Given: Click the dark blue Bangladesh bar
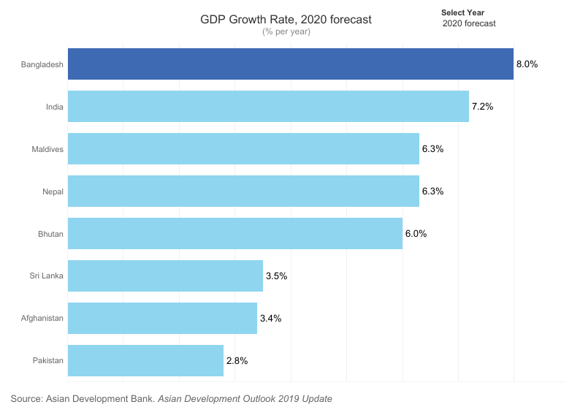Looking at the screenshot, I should point(290,64).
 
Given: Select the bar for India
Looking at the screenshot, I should point(268,107).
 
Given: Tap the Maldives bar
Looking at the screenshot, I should point(243,149).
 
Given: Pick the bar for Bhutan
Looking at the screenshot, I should point(234,234).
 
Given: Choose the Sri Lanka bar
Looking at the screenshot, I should point(165,276).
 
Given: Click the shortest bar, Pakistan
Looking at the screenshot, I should point(145,361).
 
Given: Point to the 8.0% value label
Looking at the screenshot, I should point(527,64).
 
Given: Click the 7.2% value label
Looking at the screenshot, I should point(482,107).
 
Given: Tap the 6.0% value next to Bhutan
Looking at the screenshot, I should point(416,234).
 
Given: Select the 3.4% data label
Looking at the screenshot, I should point(270,319).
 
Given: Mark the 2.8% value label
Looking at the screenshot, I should point(237,361).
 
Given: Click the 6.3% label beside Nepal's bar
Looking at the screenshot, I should point(432,191).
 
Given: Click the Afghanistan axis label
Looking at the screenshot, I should point(42,319).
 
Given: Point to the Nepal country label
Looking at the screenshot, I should point(53,191).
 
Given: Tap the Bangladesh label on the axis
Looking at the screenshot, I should point(42,64).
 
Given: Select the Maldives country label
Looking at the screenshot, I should point(47,149).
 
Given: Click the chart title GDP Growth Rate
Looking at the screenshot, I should point(286,20).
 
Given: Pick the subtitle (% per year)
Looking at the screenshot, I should point(286,31).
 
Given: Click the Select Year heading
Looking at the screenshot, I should point(462,12).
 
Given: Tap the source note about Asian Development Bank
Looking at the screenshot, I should point(171,399).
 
